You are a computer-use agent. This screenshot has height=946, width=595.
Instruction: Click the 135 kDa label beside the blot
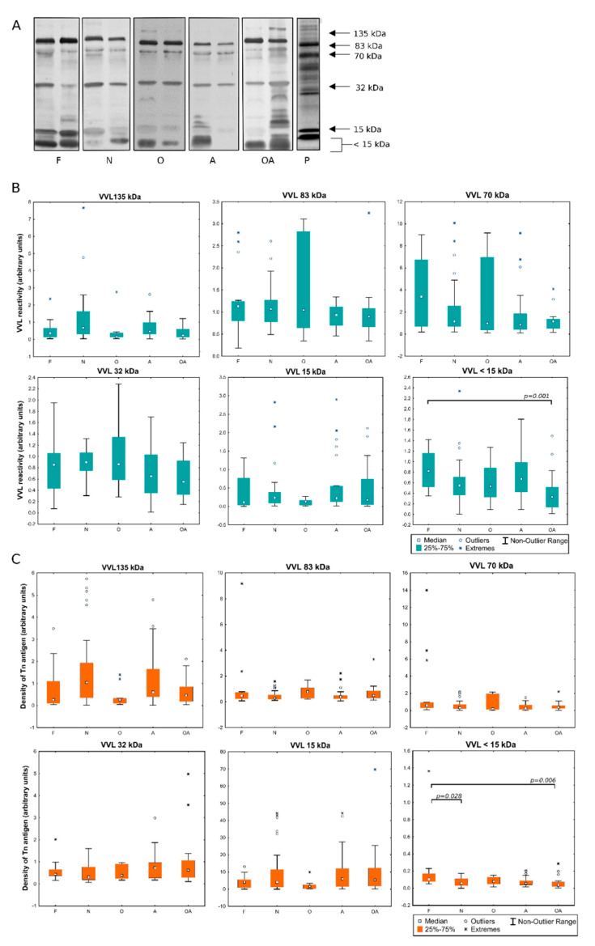tap(374, 33)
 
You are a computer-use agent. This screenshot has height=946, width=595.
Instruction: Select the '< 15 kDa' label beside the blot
tap(373, 146)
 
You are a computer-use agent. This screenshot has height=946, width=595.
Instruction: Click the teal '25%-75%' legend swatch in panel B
tap(419, 547)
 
